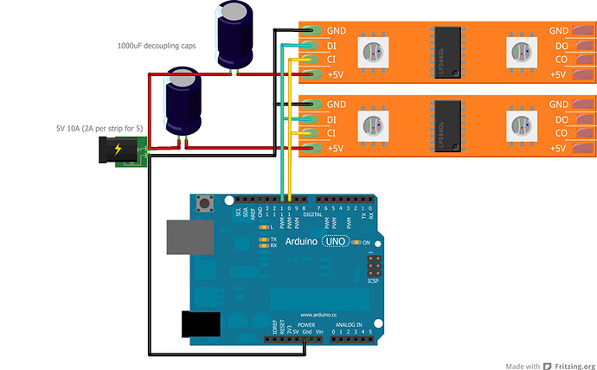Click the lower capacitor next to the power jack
coord(184,102)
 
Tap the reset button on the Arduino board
coord(207,204)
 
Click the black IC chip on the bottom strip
coord(448,126)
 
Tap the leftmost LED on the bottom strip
coord(371,126)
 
